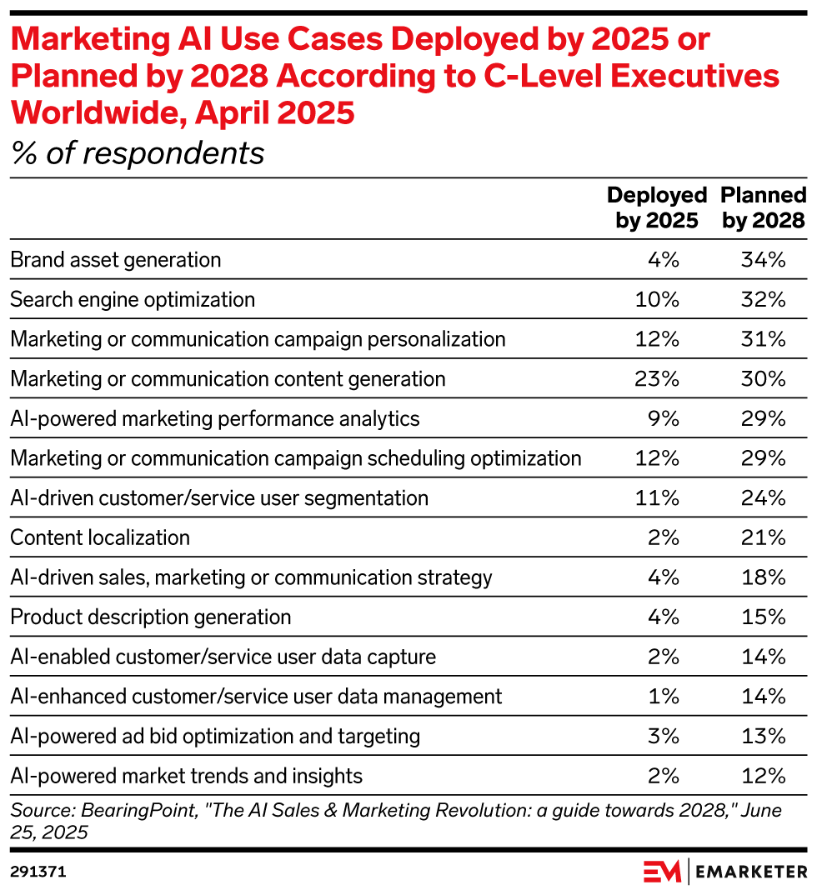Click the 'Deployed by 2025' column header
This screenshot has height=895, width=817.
656,207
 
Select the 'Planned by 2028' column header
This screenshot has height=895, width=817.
763,207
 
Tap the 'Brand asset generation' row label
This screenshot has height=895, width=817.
116,259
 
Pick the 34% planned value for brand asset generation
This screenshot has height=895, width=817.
763,259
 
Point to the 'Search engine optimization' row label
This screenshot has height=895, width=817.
133,299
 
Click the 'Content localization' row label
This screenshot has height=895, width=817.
100,537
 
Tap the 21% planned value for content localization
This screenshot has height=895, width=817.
763,537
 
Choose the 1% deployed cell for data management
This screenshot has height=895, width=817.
664,696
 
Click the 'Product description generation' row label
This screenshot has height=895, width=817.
151,617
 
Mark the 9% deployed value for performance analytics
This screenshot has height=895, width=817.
664,418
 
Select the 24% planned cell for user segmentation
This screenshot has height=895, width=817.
763,498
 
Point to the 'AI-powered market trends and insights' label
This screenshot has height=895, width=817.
187,776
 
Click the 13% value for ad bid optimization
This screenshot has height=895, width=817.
763,736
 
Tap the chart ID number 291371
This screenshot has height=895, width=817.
38,872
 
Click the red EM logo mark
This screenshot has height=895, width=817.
662,871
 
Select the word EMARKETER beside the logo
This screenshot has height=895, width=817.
751,872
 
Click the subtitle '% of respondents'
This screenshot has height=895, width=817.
138,153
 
